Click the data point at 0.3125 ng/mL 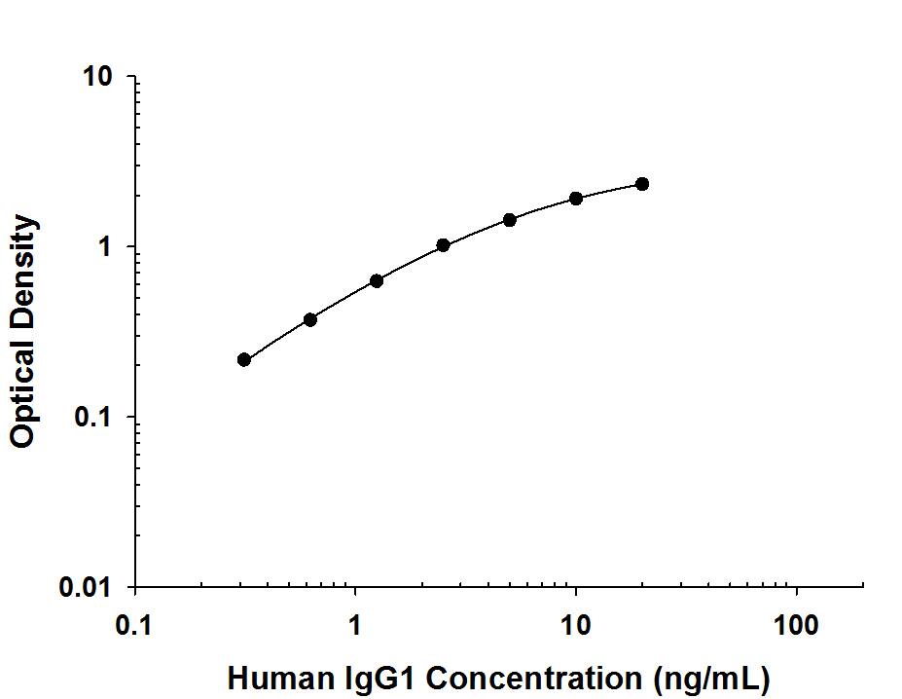244,359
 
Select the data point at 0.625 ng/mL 310,319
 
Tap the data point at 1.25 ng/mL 377,280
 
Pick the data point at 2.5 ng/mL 443,245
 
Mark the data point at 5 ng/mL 510,220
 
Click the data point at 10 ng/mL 576,198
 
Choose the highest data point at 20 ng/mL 642,184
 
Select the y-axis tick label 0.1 95,419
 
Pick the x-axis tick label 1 355,624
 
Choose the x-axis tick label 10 576,624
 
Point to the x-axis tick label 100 797,624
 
